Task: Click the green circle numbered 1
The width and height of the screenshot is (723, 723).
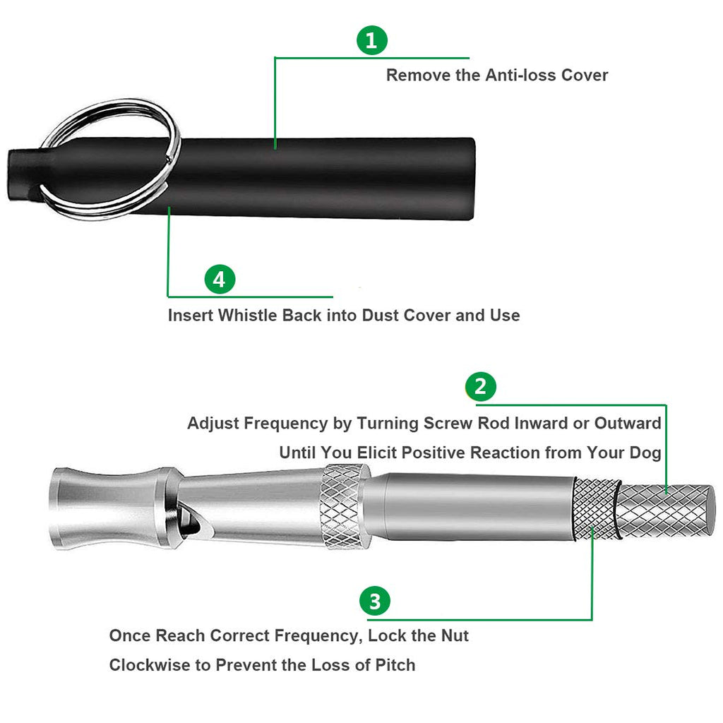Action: pos(372,40)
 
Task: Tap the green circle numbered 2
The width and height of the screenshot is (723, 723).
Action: pos(480,386)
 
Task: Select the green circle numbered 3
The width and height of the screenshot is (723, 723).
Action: pos(375,601)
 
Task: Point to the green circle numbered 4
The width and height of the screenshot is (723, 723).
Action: pos(220,279)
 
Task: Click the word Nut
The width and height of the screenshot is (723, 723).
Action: pos(455,635)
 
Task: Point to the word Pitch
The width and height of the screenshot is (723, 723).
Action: pos(395,665)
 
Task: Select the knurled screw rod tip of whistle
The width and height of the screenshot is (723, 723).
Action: pos(665,511)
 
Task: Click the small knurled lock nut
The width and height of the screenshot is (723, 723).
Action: pos(594,508)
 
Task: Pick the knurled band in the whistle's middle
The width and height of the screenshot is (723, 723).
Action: pos(345,506)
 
